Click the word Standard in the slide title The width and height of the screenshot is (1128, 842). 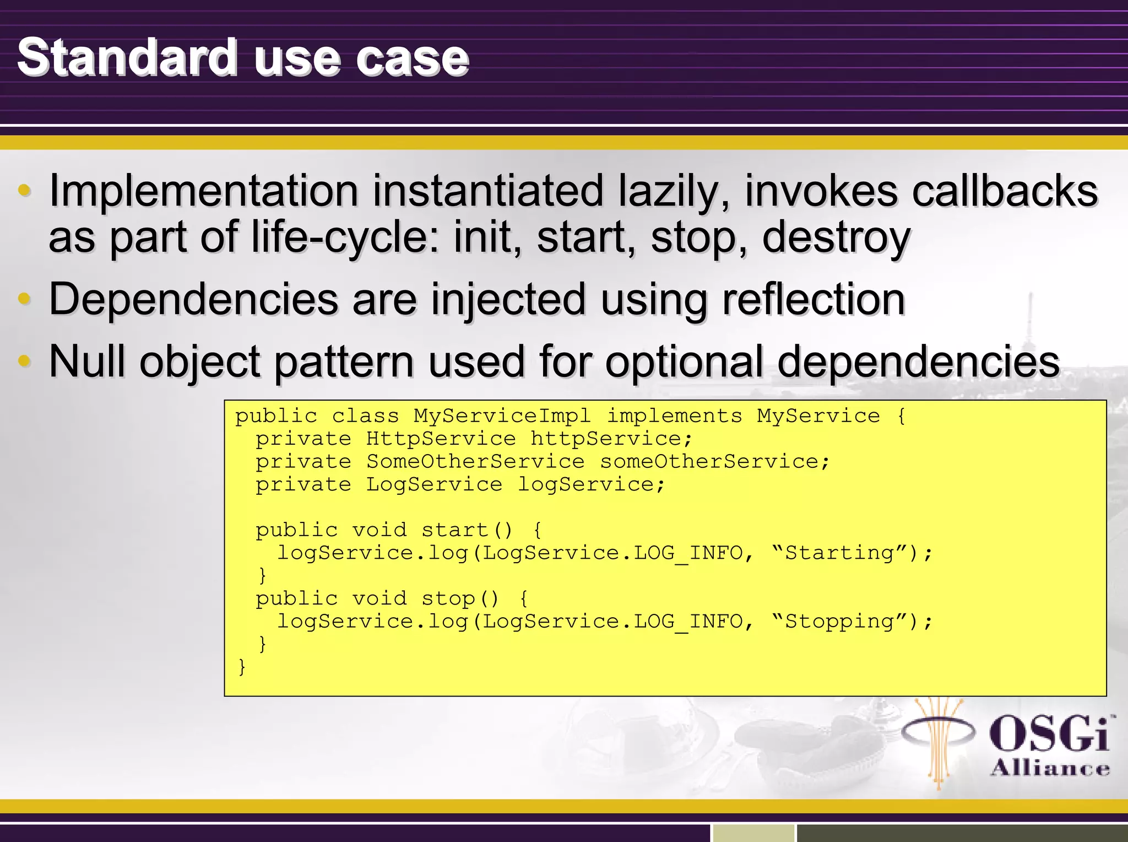(x=127, y=58)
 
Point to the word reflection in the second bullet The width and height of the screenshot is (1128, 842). (x=814, y=299)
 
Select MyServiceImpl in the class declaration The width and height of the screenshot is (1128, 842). (x=502, y=416)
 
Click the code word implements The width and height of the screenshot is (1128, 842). (x=674, y=416)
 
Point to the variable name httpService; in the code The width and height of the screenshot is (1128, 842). (x=611, y=439)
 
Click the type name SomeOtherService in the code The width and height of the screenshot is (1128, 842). (x=475, y=462)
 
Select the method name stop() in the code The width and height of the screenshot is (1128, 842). (x=460, y=599)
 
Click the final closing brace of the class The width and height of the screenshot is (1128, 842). (x=241, y=667)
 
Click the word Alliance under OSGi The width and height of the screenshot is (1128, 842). (x=1050, y=768)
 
